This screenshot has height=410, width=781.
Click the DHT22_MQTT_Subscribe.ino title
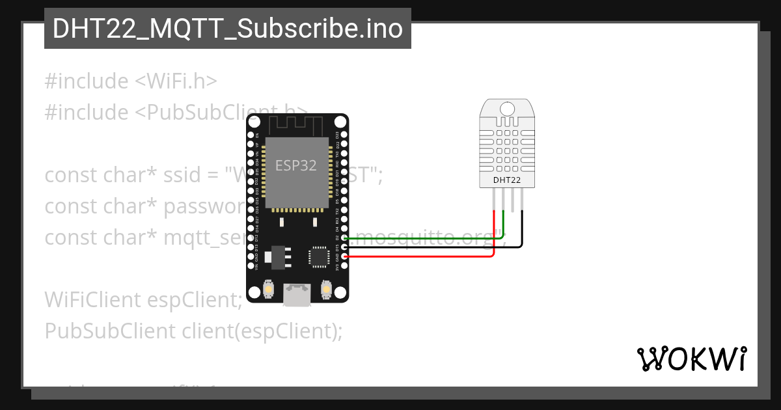(x=228, y=29)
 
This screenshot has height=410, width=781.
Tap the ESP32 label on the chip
(x=295, y=165)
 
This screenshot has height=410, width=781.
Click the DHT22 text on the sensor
(x=506, y=180)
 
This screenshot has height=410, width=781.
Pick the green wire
(x=423, y=239)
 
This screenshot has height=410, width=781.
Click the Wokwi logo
(x=691, y=358)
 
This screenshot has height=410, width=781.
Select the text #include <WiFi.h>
(x=130, y=81)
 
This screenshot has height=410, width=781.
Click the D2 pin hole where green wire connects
(x=344, y=239)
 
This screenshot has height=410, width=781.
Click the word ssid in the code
(x=196, y=175)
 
